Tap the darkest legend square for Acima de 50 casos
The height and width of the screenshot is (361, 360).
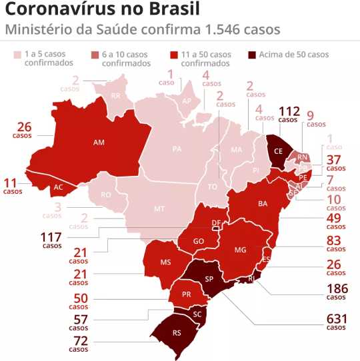251,54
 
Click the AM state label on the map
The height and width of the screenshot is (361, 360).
99,143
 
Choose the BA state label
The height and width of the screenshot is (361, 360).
263,203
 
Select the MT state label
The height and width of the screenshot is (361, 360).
159,208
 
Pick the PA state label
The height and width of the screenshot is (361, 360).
177,149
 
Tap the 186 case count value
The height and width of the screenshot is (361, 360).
336,290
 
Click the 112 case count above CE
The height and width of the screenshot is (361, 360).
289,111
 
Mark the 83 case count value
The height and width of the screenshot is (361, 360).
336,240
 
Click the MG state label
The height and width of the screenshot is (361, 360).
241,249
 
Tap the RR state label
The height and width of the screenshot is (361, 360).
115,96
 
